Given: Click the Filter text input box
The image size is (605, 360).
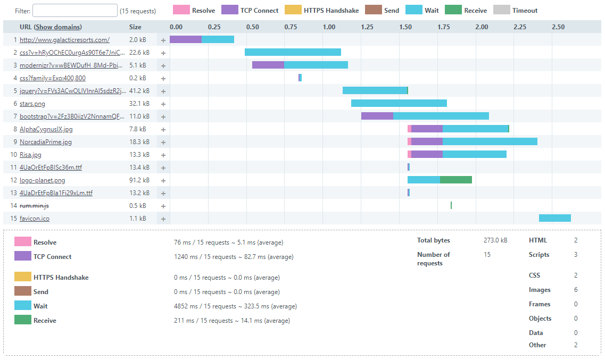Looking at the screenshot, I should [75, 11].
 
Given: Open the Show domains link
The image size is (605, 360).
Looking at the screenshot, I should [59, 27].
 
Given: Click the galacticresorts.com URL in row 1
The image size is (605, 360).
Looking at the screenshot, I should [64, 40].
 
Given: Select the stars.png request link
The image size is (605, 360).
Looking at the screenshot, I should [32, 104].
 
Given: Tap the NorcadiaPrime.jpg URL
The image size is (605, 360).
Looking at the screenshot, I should [46, 142].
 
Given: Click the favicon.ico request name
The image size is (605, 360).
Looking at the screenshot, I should [35, 219].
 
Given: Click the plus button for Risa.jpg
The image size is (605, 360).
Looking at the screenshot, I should [163, 155].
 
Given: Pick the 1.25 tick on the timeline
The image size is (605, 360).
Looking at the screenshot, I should [367, 27].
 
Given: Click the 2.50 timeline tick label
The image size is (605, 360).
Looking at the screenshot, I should [558, 27].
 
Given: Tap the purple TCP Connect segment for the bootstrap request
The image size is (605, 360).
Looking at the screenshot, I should [377, 116].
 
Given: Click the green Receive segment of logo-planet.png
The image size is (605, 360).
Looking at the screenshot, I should [456, 180].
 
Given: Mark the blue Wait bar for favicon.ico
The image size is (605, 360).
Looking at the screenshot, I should [554, 218].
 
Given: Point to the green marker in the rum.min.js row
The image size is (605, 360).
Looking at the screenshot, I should [451, 205].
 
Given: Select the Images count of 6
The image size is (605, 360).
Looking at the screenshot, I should [576, 290].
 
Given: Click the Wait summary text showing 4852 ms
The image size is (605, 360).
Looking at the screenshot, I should [235, 306].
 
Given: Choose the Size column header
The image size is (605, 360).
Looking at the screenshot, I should [135, 27].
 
